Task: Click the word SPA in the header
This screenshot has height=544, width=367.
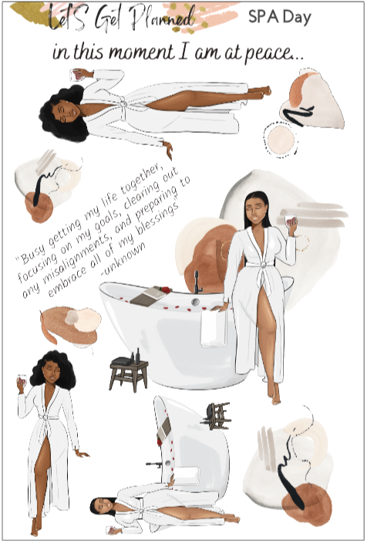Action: [262, 17]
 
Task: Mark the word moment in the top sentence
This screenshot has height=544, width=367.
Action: [135, 54]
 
